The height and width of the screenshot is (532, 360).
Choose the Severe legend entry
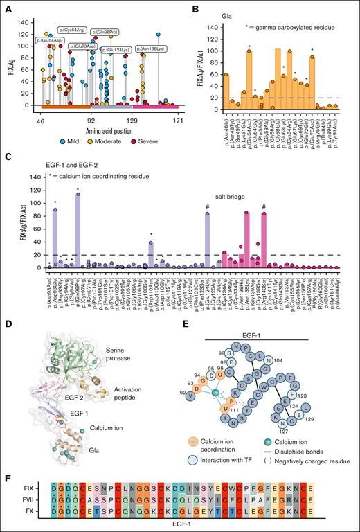coord(153,135)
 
